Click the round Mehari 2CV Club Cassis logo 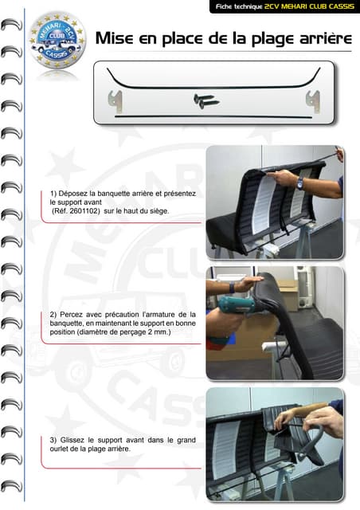coord(57,41)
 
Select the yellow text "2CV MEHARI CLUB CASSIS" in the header coord(309,6)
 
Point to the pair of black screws coord(205,101)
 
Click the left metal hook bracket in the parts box coord(115,101)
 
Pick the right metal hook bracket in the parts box coord(313,101)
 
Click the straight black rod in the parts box coord(213,116)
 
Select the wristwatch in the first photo coord(300,183)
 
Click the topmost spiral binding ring coord(11,25)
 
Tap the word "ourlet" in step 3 coord(59,449)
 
